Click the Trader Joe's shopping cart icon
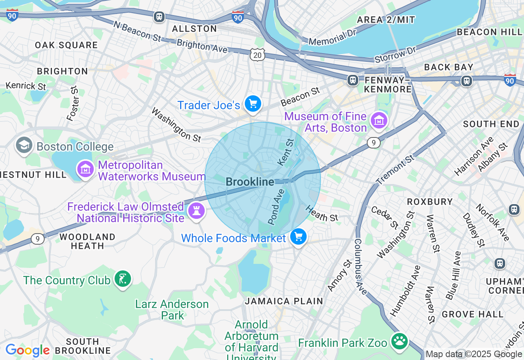(253, 104)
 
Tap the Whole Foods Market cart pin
(298, 237)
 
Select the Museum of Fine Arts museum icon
(379, 120)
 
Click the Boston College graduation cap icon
(24, 145)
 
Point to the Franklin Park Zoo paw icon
(399, 341)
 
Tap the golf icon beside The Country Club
(123, 279)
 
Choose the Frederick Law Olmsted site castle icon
(196, 211)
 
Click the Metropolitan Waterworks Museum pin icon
(85, 169)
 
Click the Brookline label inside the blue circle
(250, 182)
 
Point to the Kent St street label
(286, 152)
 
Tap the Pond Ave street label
(276, 207)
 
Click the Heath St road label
(322, 213)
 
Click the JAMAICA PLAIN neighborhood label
(284, 301)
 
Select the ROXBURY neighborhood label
(429, 202)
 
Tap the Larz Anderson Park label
(172, 310)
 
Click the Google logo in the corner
(28, 351)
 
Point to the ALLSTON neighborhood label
(194, 29)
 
